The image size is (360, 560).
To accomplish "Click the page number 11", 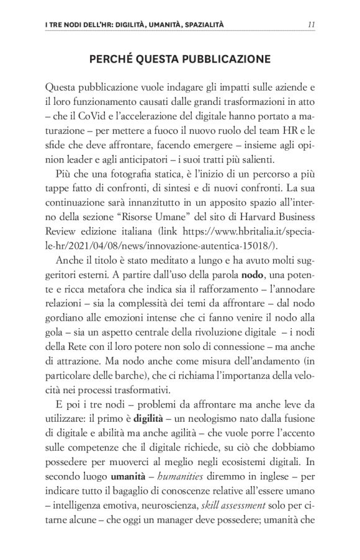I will tap(312, 25).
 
